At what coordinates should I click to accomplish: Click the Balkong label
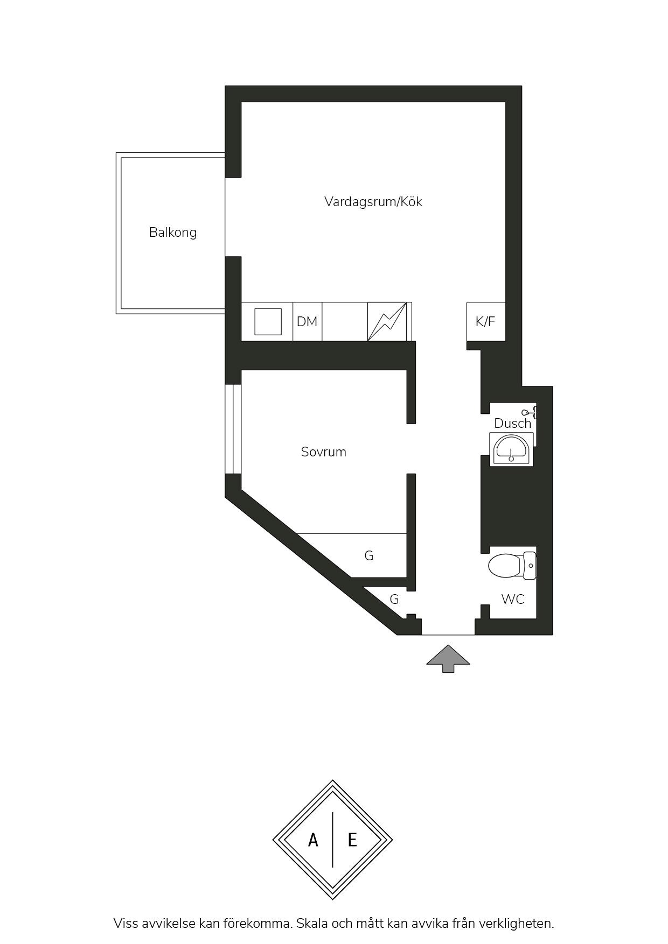pos(173,233)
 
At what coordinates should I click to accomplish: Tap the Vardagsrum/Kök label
pos(373,202)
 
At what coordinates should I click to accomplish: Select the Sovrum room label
pos(323,452)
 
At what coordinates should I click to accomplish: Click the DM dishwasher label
pos(307,322)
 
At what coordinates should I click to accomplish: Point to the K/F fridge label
pos(485,322)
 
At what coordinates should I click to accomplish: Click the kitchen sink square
pos(268,321)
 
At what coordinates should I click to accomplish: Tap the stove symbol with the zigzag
pos(387,321)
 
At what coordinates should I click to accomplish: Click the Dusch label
pos(513,424)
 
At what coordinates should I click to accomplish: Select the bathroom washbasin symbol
pos(511,449)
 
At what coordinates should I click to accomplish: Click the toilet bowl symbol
pos(512,566)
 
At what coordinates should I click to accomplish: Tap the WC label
pos(512,599)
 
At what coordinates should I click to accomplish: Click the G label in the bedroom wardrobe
pos(369,555)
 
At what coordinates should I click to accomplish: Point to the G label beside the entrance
pos(394,599)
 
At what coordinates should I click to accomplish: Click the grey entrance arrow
pos(448,659)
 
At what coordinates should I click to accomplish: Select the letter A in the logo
pos(313,840)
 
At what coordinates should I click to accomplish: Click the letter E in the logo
pos(352,840)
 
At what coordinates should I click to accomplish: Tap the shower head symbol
pos(530,412)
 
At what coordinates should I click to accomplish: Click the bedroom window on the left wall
pos(233,429)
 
